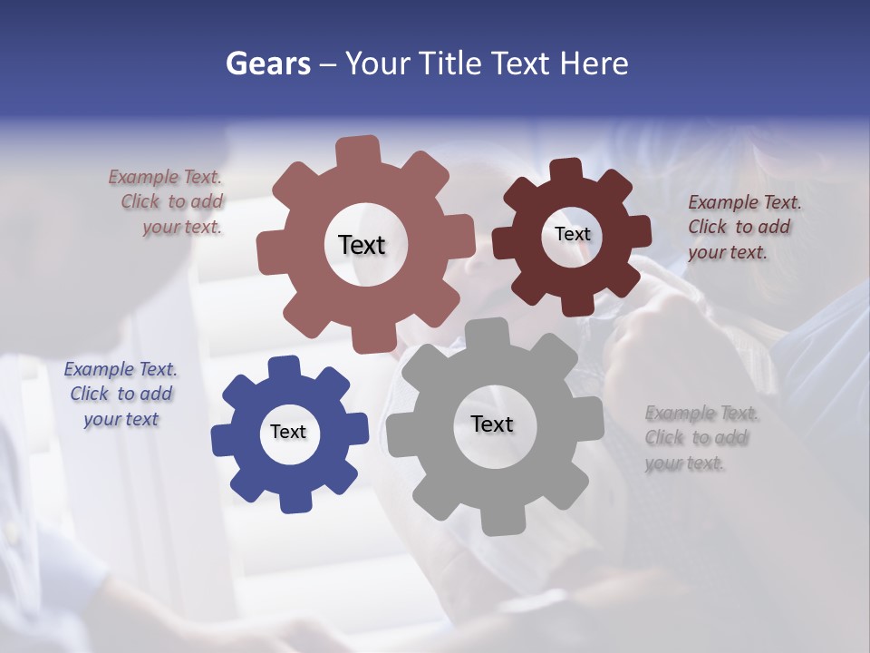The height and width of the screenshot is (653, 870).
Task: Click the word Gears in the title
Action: (x=266, y=63)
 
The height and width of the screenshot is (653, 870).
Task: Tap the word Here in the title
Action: (x=594, y=63)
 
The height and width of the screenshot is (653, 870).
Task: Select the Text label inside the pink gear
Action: (x=362, y=245)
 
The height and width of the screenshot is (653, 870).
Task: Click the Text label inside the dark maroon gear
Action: (x=572, y=234)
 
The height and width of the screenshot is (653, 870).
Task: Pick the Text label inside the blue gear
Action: (x=288, y=432)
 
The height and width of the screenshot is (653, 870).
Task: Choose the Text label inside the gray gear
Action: (x=492, y=424)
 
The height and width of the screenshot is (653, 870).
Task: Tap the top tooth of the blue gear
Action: (x=285, y=367)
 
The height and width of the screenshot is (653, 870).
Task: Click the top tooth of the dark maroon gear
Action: (x=566, y=171)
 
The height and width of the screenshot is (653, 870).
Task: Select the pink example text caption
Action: (x=167, y=202)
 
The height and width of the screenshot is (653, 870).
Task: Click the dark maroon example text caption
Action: (x=743, y=227)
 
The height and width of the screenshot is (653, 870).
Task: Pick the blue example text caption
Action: (x=121, y=394)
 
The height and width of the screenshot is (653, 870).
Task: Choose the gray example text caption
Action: (x=701, y=438)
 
